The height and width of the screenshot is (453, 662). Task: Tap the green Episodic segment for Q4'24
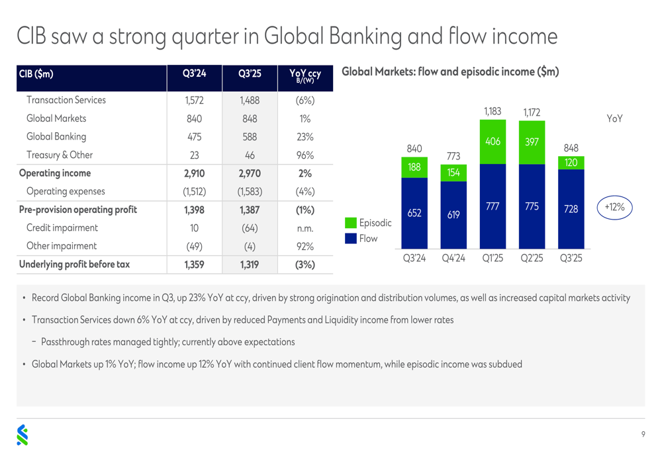[x=453, y=173]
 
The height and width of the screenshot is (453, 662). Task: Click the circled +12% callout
[x=614, y=207]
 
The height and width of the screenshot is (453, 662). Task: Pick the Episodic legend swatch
[x=351, y=224]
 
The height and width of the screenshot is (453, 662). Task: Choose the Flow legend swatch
[x=351, y=238]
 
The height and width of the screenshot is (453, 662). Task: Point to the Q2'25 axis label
[x=532, y=258]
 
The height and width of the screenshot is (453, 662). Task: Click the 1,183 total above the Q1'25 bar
[x=493, y=112]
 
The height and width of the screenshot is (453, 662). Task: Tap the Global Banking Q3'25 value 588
[x=250, y=137]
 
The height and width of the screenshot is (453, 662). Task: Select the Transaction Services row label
[x=66, y=101]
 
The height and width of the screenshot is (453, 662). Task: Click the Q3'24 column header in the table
[x=194, y=73]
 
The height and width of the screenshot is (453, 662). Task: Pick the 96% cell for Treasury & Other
[x=305, y=155]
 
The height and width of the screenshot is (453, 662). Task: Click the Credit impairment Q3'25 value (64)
[x=250, y=228]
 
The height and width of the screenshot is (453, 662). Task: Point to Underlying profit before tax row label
[x=74, y=265]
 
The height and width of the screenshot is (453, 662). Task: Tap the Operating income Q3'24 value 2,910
[x=194, y=174]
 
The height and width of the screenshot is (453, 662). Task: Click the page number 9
[x=643, y=434]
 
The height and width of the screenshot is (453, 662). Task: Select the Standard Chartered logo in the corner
[x=23, y=434]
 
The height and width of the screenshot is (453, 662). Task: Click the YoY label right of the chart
[x=614, y=119]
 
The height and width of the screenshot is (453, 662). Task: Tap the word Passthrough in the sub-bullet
[x=67, y=342]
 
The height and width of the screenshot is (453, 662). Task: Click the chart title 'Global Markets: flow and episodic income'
[x=449, y=71]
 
